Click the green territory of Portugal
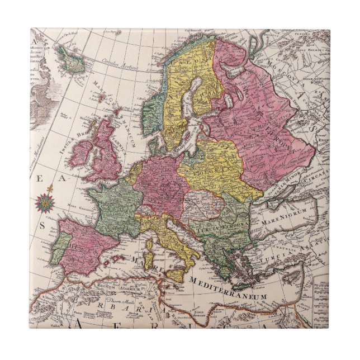[58, 248]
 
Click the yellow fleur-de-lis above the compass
[49, 189]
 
